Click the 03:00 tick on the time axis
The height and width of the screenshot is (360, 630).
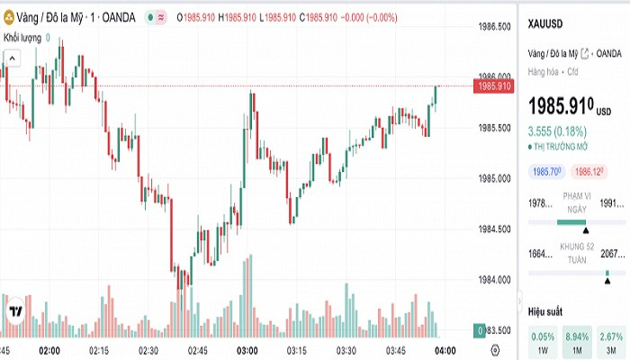[x=247, y=350]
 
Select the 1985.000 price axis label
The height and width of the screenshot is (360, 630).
[x=495, y=178]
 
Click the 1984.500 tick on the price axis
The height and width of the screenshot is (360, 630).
[x=495, y=229]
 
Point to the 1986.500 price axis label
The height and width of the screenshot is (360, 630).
[x=495, y=27]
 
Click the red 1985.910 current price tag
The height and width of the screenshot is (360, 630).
[x=495, y=86]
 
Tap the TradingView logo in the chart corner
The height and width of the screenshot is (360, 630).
[x=15, y=311]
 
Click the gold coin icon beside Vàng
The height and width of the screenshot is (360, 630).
[x=9, y=17]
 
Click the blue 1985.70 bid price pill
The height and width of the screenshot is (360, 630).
[x=546, y=171]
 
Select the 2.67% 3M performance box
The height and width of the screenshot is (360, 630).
[x=611, y=341]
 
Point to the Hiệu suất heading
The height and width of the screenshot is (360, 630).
[x=544, y=310]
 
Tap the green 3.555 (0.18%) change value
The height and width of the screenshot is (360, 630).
[x=558, y=130]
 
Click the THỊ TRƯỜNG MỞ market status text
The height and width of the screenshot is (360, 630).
[x=562, y=145]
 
